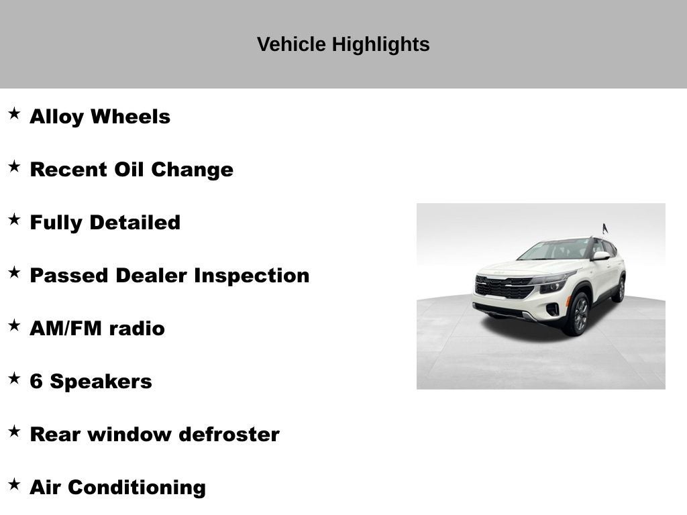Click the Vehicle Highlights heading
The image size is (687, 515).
343,44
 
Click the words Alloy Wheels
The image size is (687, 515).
100,117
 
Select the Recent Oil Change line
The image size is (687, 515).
131,170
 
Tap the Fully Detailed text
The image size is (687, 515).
105,223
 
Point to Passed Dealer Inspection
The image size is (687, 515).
169,276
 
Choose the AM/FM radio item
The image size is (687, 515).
97,329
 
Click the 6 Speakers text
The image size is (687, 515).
91,382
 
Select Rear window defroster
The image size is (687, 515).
154,435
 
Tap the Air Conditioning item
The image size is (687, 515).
117,488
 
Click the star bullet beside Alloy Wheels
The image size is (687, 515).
14,113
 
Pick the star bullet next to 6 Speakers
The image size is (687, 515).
14,378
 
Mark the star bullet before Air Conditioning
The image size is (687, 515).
14,484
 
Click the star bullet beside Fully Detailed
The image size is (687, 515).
14,219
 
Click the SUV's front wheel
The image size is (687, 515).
579,313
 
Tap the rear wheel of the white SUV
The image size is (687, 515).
620,289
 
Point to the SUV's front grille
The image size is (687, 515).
503,288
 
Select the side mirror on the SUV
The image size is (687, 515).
600,255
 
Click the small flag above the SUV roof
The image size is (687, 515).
604,228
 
